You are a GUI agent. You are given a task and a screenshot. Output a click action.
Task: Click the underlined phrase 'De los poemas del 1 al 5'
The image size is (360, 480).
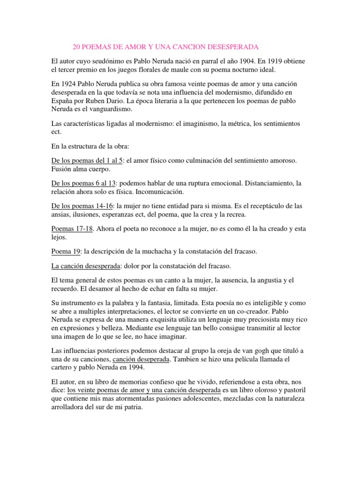pyautogui.click(x=87, y=160)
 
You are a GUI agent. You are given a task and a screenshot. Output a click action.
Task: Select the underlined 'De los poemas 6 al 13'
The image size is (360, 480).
pyautogui.click(x=83, y=183)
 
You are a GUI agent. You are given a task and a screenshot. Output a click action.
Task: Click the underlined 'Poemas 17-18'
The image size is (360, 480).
pyautogui.click(x=72, y=228)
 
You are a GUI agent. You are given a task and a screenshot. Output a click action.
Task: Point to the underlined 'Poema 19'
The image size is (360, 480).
pyautogui.click(x=65, y=251)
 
